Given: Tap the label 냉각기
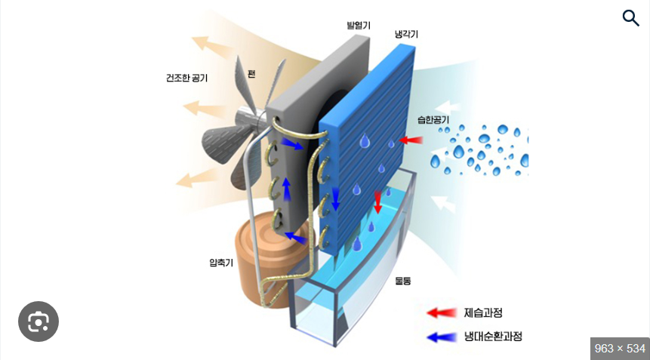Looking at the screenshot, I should coord(406,35).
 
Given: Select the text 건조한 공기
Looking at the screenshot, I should coord(186,78).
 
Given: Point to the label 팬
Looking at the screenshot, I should coord(251,74).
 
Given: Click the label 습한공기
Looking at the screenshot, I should coord(433,120).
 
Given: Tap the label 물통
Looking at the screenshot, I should coord(402,280).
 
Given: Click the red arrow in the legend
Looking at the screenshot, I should coord(442,312).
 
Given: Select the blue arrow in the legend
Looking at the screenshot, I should coord(442,337).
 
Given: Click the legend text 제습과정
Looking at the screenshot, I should coord(483,312).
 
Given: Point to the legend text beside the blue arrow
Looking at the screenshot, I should coord(493,337).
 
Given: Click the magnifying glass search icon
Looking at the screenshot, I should coord(630,18).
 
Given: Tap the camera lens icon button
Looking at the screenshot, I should coord(39,322).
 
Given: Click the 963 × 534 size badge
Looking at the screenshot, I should coord(620,348).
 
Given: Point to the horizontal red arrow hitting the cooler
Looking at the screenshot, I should coord(411,140).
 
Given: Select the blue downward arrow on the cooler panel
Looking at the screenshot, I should coord(336,198).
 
